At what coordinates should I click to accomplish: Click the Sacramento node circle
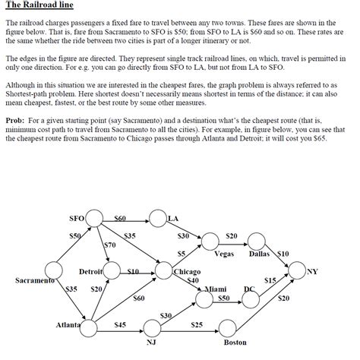point(54,270)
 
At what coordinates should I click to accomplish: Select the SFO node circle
point(94,219)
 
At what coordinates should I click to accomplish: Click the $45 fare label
point(119,325)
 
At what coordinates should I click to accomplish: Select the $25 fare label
point(196,325)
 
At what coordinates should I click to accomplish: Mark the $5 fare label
point(182,253)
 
